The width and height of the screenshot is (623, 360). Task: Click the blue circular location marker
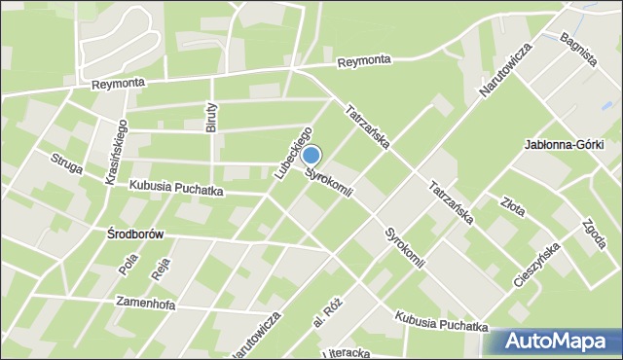[x=311, y=155]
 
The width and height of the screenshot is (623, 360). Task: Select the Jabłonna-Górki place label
[x=564, y=145]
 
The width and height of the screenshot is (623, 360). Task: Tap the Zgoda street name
[x=592, y=232]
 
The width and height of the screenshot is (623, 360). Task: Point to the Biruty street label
[x=213, y=117]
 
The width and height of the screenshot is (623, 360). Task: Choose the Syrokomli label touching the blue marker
[x=328, y=182]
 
